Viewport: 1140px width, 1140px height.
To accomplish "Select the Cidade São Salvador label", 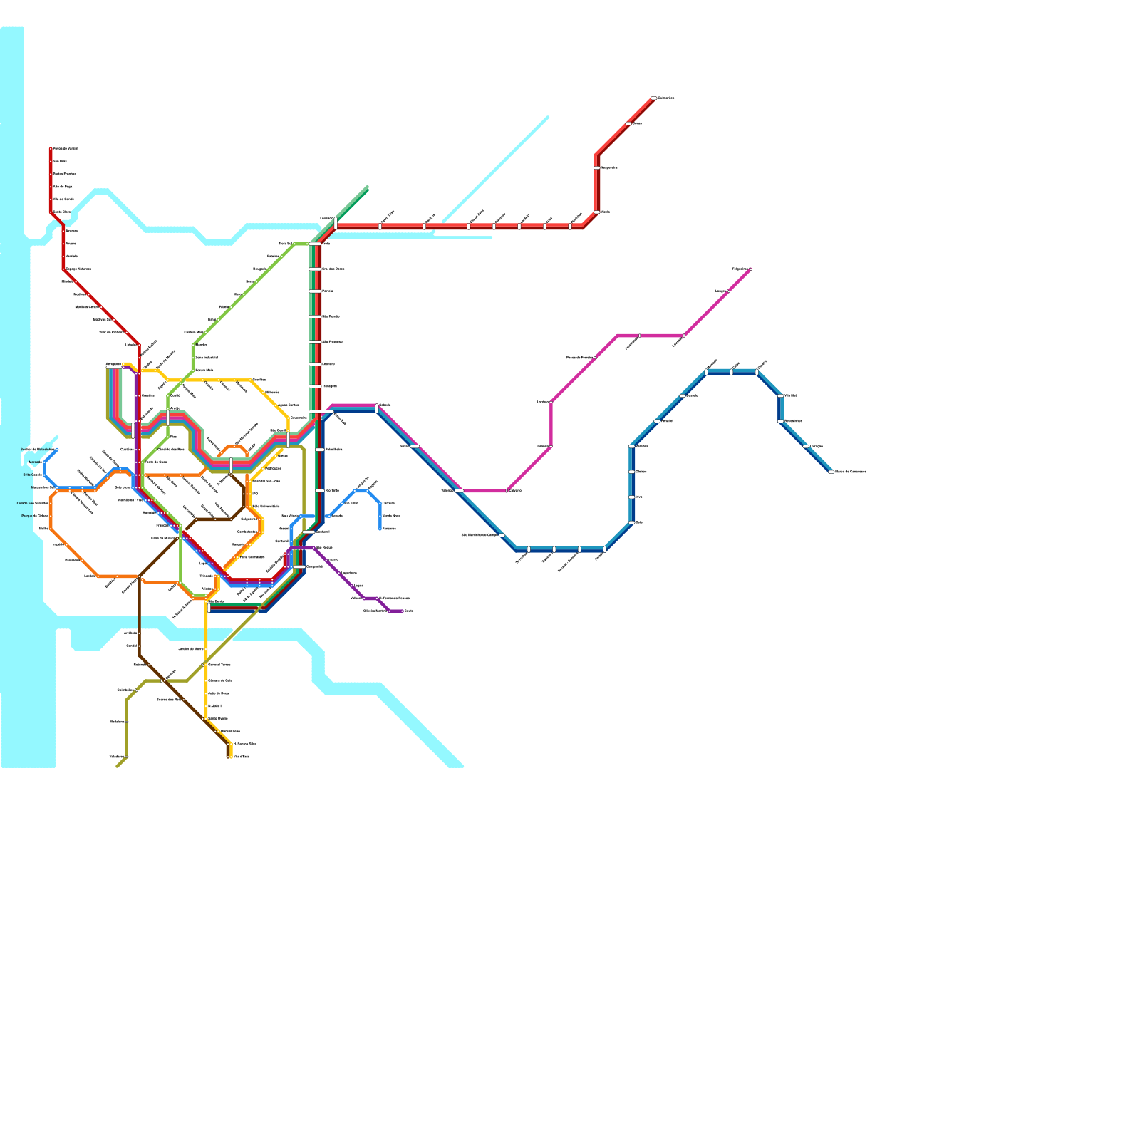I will point(33,503).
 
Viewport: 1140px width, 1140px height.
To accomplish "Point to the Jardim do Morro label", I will point(190,649).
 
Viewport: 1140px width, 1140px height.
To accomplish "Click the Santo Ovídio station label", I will point(218,718).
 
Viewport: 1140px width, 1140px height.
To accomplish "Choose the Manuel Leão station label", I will point(230,731).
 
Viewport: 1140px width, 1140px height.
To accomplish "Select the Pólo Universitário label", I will point(266,507).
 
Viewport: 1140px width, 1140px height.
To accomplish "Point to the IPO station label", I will point(255,494).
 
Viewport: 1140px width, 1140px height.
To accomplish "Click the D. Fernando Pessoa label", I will point(394,598).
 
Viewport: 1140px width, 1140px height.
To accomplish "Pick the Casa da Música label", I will point(164,538).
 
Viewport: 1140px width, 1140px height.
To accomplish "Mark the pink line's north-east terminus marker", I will point(750,269).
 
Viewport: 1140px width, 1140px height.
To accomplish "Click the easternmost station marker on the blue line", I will point(831,472).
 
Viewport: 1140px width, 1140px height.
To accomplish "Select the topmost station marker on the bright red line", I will point(653,98).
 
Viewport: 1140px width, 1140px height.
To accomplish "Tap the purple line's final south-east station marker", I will point(403,611).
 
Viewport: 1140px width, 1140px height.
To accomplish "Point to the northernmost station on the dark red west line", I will point(51,149).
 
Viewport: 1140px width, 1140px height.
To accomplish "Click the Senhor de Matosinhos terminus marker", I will point(56,450).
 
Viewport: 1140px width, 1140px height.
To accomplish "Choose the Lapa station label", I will point(202,563).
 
